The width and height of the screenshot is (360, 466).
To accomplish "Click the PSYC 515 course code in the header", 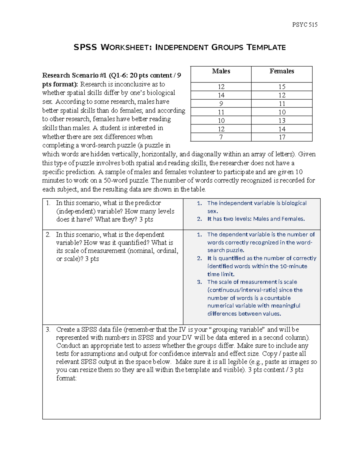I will [304, 25].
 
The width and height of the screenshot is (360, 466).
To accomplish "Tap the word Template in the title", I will [266, 47].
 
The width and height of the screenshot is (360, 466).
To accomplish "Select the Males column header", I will [221, 71].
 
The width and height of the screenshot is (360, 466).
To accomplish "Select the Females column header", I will [282, 71].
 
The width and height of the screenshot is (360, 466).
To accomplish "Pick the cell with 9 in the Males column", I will [221, 104].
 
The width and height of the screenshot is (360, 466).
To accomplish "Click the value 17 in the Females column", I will [282, 137].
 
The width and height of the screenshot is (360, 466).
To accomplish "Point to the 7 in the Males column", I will [221, 137].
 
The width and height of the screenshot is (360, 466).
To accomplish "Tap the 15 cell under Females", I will [282, 87].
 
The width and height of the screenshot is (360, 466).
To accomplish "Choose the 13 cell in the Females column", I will [282, 121].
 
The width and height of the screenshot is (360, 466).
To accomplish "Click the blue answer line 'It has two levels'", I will [256, 219].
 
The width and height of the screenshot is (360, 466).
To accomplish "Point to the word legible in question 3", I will [239, 362].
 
